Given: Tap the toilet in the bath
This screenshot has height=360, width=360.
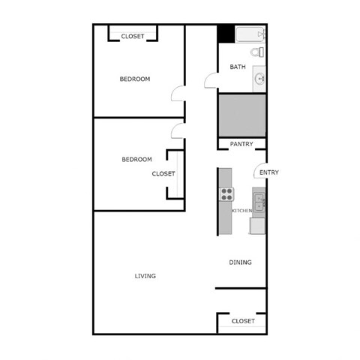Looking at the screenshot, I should click(256, 53).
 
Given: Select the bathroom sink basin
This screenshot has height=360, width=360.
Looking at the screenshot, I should click(259, 77).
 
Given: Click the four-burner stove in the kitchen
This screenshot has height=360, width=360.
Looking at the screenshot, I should click(226, 194).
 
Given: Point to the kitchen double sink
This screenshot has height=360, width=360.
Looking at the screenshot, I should click(259, 202).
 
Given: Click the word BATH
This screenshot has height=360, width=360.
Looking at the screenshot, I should click(237, 67).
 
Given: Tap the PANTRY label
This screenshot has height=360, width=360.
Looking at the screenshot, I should click(241, 144).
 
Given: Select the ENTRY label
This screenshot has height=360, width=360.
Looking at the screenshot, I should click(268, 172).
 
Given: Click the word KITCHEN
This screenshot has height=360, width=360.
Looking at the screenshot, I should click(241, 211).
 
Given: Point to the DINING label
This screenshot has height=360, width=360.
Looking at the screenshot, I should click(240, 262).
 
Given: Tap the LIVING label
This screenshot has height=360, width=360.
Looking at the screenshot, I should click(145, 276).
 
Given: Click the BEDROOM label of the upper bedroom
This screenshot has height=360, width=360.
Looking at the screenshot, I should click(135, 79).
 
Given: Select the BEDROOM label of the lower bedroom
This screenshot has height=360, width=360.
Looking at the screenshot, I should click(136, 159).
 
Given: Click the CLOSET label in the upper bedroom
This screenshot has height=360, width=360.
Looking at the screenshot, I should click(133, 36).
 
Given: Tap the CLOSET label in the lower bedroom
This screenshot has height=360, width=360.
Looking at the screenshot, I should click(163, 173).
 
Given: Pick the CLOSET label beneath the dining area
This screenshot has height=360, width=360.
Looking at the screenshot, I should click(243, 321).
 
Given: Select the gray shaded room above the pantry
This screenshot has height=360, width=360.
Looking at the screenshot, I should click(241, 114).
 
